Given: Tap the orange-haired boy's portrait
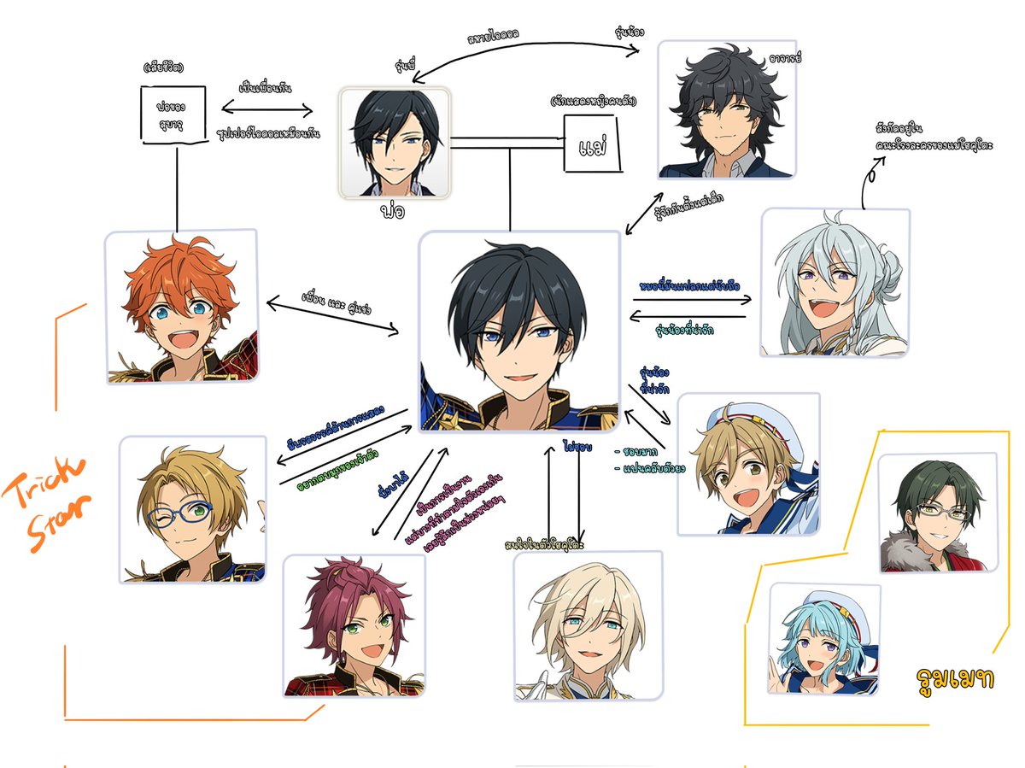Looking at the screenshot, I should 182,306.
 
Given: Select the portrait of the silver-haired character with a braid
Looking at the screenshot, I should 835,282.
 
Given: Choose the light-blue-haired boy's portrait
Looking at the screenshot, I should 823,638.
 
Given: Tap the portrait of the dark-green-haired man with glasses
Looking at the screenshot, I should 937,512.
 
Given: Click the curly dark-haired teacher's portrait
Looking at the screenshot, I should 727,109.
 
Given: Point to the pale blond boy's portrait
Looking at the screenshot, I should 588,625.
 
